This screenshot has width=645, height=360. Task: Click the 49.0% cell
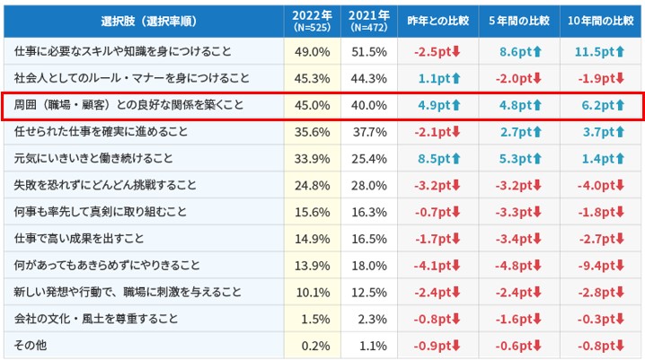tap(313, 53)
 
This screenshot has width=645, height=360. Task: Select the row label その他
tap(28, 345)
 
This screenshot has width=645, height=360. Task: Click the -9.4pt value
tap(597, 267)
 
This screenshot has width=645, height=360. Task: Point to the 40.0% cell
tap(369, 105)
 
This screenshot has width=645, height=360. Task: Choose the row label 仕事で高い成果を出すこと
tap(79, 239)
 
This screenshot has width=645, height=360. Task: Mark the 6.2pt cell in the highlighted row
tap(597, 105)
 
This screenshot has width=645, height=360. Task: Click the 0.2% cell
tap(313, 345)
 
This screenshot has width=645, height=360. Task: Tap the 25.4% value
tap(369, 159)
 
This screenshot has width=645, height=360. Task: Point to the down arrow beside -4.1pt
tap(456, 267)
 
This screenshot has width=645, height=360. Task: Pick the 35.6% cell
tap(313, 132)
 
